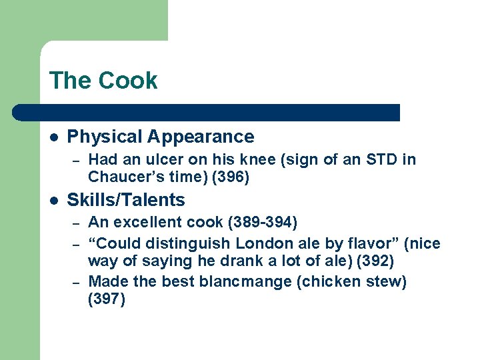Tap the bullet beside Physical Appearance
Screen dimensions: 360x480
point(54,137)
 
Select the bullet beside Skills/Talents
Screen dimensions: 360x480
point(54,200)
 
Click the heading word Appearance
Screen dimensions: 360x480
point(201,137)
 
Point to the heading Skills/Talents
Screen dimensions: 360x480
point(126,200)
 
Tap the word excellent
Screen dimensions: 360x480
point(148,222)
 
